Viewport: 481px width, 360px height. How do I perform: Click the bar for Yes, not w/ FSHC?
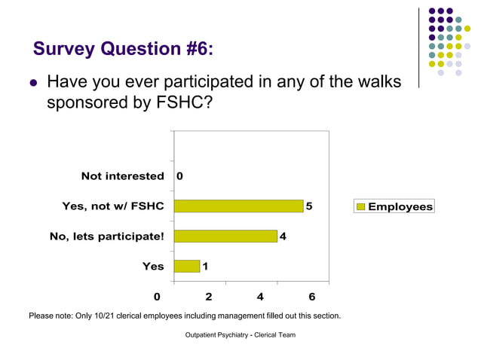(238, 206)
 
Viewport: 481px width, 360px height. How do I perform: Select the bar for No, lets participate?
(225, 236)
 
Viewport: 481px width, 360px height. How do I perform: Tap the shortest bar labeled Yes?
(186, 266)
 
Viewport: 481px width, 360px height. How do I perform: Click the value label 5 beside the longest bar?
(310, 206)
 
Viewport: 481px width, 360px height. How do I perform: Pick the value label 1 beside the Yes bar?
(206, 266)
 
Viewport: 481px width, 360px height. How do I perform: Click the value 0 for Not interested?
(179, 176)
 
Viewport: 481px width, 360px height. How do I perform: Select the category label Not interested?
(122, 176)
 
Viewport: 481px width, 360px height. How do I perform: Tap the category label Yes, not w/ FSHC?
(113, 206)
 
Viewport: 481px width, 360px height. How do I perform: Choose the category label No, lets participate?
(106, 236)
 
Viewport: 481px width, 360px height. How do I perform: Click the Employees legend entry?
(394, 206)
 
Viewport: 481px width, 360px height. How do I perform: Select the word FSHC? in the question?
(178, 102)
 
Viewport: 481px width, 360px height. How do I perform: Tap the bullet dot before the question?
(33, 82)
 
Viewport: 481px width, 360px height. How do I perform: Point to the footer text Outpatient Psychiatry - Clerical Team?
(240, 334)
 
